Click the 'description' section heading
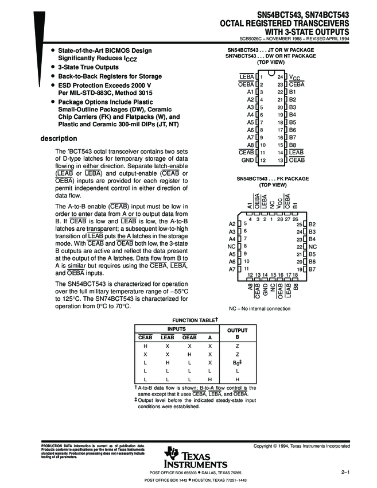click(59, 138)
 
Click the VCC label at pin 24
click(293, 76)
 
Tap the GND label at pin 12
click(248, 160)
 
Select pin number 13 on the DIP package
click(280, 160)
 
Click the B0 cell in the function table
click(235, 363)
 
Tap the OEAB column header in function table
click(189, 337)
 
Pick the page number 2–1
click(345, 472)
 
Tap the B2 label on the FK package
click(312, 224)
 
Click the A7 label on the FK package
click(232, 269)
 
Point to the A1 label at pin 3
click(250, 91)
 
